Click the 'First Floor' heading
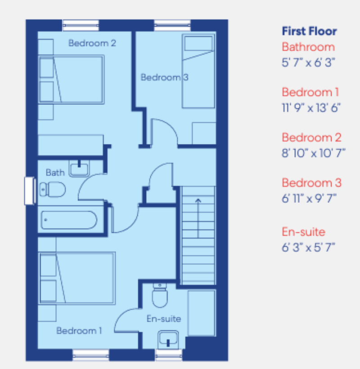point(309,31)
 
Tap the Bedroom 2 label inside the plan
point(92,43)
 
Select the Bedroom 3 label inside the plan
point(164,77)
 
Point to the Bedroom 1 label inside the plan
point(79,331)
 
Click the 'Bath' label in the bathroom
point(55,172)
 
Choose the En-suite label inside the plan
point(164,319)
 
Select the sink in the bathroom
point(80,169)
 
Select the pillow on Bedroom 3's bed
point(198,44)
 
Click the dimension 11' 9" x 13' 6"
point(311,107)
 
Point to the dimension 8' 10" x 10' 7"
point(314,153)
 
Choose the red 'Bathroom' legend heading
point(308,47)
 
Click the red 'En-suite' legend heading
point(303,232)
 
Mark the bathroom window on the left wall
point(29,191)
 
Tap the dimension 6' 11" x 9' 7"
point(309,198)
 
